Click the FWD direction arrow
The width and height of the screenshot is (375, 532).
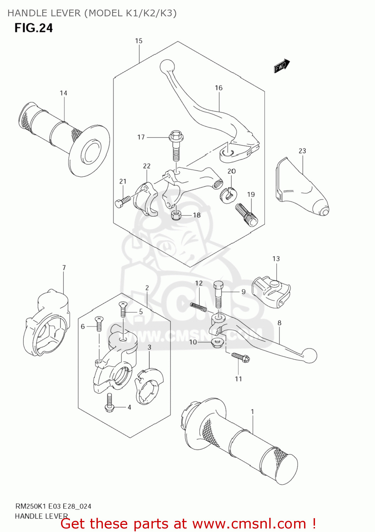click(282, 66)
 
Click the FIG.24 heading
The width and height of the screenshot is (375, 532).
click(33, 28)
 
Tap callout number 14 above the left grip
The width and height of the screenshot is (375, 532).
click(64, 93)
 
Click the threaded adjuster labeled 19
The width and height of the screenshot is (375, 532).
click(246, 214)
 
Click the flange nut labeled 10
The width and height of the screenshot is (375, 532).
click(217, 343)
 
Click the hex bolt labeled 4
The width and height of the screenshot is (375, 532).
click(109, 404)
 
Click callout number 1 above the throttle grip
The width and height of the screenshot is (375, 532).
click(252, 412)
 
